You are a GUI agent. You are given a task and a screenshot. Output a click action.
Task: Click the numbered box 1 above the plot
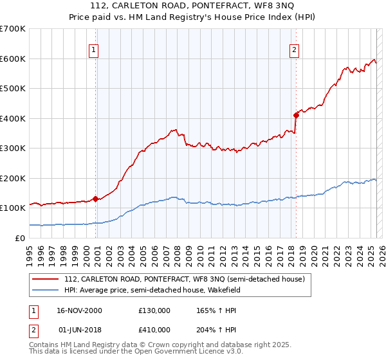[94, 50]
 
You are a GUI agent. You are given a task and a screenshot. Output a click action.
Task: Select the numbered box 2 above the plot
[294, 50]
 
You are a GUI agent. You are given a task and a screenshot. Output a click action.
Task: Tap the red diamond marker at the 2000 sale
[96, 199]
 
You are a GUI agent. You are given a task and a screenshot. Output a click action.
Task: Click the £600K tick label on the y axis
[14, 59]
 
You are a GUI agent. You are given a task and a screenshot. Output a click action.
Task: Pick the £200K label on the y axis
[14, 178]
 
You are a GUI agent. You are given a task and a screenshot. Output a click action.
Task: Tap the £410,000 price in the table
[154, 331]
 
